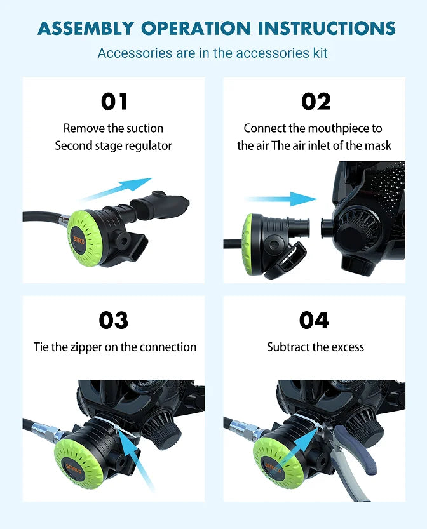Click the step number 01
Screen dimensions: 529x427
point(114,102)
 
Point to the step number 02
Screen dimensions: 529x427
point(316,102)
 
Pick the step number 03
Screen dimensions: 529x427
point(114,321)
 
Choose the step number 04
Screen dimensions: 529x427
point(315,321)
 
